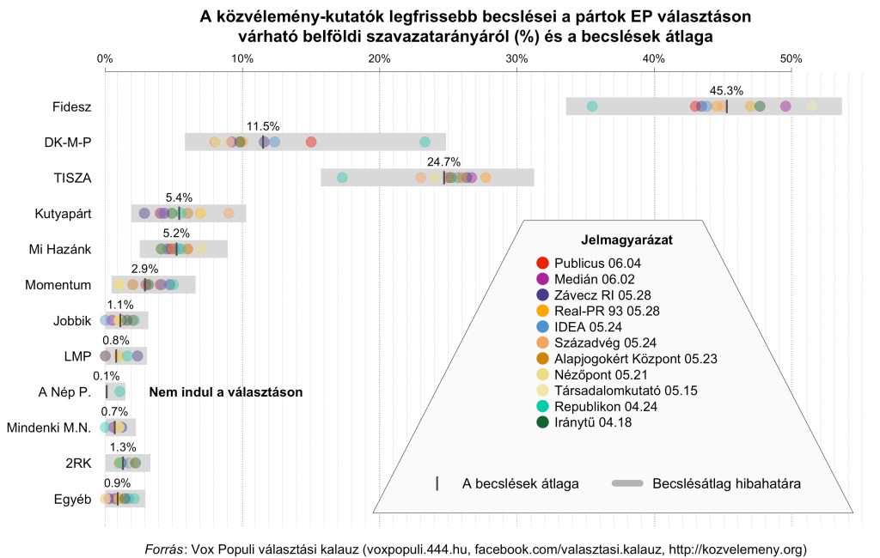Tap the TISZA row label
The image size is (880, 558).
click(72, 178)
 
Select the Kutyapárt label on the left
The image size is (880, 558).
click(63, 214)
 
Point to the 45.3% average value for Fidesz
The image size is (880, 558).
click(726, 90)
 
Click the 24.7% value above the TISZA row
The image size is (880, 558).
click(443, 161)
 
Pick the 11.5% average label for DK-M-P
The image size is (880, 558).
click(263, 126)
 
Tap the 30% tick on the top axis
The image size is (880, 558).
click(516, 58)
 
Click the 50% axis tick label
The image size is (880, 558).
click(791, 58)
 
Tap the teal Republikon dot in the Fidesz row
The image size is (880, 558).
click(592, 106)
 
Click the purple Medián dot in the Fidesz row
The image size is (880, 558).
click(785, 106)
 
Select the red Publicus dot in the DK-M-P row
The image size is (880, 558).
click(311, 142)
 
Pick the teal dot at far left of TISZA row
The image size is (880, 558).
click(342, 178)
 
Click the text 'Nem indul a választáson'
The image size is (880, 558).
click(226, 392)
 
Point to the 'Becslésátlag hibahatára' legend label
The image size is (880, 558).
click(726, 484)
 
